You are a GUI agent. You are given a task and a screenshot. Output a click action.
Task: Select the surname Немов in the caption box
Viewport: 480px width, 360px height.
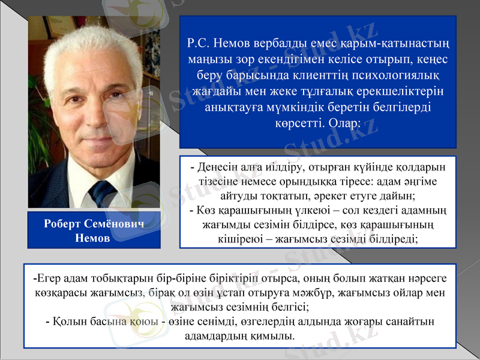click(x=94, y=238)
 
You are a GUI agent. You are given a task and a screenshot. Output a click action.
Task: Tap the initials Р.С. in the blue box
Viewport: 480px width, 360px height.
click(x=199, y=43)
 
